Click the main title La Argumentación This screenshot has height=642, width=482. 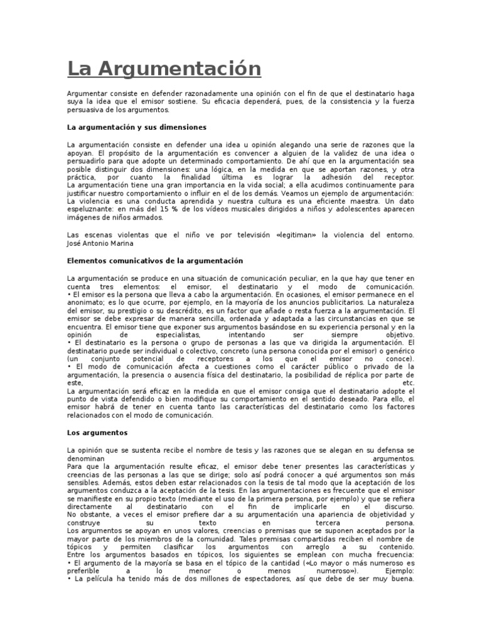coord(164,68)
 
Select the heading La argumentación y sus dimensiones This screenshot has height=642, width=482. coord(137,127)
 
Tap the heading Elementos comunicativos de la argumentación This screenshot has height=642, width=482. coord(154,260)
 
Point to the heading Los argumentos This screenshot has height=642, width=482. coord(97,433)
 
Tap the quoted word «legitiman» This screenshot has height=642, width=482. coord(296,234)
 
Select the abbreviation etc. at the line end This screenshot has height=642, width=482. coord(409,382)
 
